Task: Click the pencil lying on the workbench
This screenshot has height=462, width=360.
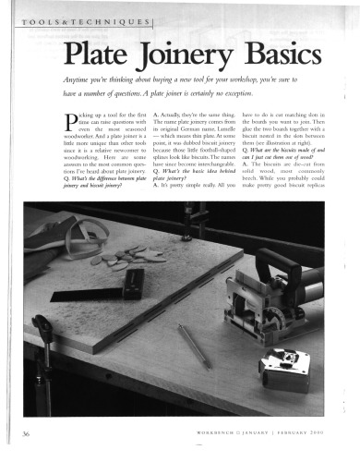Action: pos(194,346)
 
